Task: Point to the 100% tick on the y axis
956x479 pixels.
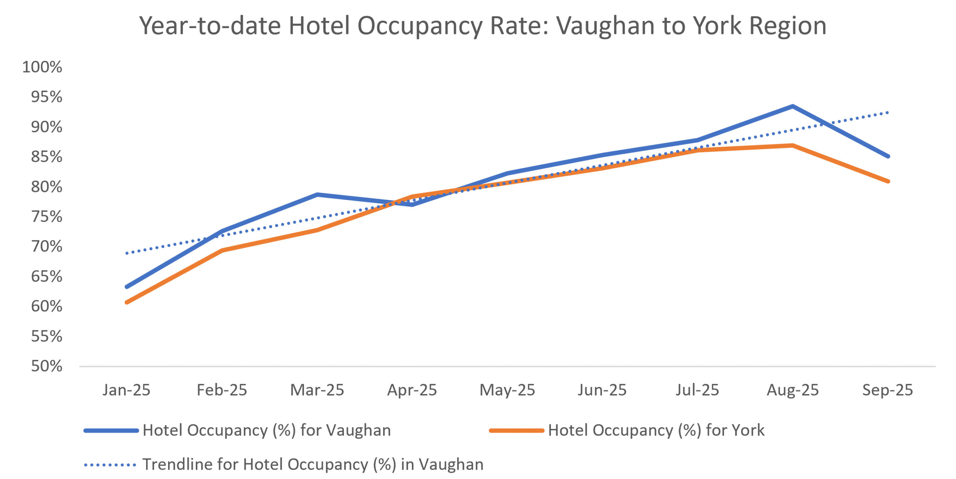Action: point(42,67)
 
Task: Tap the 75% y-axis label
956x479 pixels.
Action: point(47,217)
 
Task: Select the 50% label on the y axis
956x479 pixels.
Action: point(47,366)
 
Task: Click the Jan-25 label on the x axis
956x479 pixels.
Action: point(127,390)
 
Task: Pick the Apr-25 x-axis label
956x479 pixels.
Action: point(412,390)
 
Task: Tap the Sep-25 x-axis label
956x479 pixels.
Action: point(887,390)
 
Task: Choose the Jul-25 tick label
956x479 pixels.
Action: point(697,390)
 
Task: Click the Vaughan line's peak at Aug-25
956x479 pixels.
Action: point(792,106)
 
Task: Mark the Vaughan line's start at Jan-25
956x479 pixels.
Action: point(127,287)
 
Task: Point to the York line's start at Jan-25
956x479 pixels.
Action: point(127,302)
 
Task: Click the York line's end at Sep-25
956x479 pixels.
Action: point(888,181)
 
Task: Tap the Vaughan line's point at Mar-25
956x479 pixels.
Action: point(317,195)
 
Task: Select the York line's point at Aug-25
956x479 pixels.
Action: point(792,145)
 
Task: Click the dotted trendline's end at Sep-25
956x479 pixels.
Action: point(888,112)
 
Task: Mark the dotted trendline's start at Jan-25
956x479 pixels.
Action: point(127,253)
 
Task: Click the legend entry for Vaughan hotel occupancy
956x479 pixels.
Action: point(266,430)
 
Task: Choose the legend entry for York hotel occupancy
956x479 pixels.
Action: point(656,430)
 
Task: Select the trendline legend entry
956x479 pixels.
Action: point(313,464)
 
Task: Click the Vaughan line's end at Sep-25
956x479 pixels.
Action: point(888,156)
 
